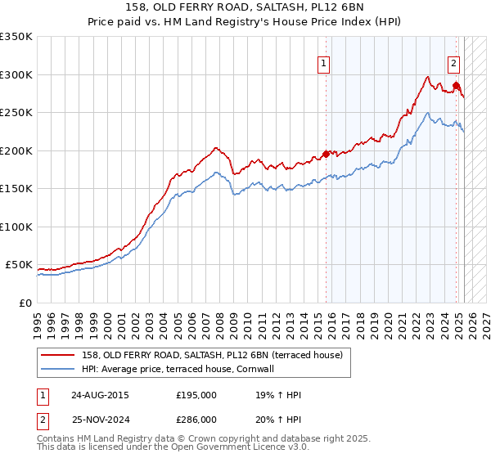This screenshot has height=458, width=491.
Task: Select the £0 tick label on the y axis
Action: (x=26, y=303)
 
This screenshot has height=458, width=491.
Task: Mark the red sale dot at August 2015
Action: (x=326, y=154)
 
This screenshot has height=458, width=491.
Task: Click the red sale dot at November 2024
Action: (x=456, y=85)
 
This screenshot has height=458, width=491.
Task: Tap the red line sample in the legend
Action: (x=60, y=354)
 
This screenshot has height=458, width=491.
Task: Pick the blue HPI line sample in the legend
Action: (x=60, y=369)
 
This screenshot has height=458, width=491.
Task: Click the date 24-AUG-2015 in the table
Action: (x=100, y=395)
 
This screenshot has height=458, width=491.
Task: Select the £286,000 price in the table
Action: (x=196, y=420)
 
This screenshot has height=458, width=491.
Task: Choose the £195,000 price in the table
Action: (x=196, y=395)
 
